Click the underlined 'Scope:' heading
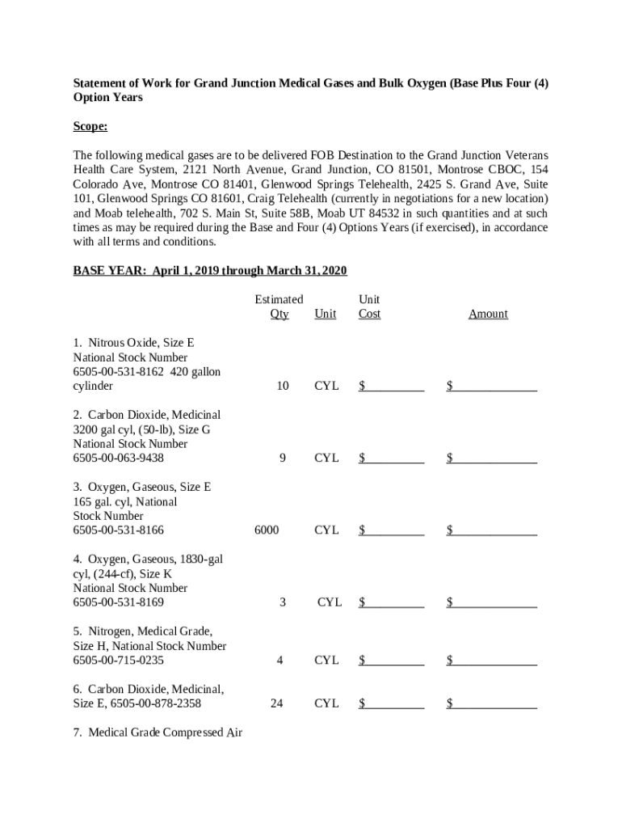[x=90, y=127]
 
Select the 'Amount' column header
[x=488, y=314]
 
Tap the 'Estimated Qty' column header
[x=279, y=306]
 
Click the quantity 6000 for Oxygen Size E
[x=267, y=530]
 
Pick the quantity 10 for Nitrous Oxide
[x=282, y=387]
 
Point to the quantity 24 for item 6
[x=276, y=703]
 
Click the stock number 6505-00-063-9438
[x=119, y=458]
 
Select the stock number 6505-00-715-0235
[x=119, y=661]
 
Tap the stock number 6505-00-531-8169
[x=119, y=602]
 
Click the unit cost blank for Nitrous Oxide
[x=392, y=387]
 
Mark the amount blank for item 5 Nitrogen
[x=492, y=661]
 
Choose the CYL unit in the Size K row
[x=330, y=602]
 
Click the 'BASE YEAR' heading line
[x=210, y=270]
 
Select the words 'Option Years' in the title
[x=108, y=97]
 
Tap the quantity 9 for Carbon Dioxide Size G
[x=282, y=458]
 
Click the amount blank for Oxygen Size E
[x=492, y=530]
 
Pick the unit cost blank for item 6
[x=392, y=703]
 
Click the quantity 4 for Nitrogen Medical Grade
[x=279, y=661]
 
